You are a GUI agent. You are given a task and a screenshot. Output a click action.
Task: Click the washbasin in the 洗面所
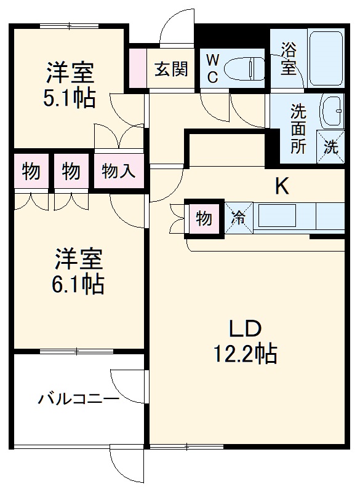(332, 111)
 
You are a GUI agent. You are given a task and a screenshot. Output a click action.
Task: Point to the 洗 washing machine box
(331, 147)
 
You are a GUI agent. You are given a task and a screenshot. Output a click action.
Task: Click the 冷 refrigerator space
(239, 217)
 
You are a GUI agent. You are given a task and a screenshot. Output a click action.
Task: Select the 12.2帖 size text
(245, 354)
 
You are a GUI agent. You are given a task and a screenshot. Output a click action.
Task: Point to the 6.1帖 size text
(79, 284)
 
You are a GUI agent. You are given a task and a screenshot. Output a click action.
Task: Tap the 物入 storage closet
(119, 170)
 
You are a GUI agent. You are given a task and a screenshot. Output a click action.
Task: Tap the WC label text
(211, 67)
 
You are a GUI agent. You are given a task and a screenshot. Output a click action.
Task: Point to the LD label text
(246, 328)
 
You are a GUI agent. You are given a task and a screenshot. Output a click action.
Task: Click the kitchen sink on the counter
(277, 216)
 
